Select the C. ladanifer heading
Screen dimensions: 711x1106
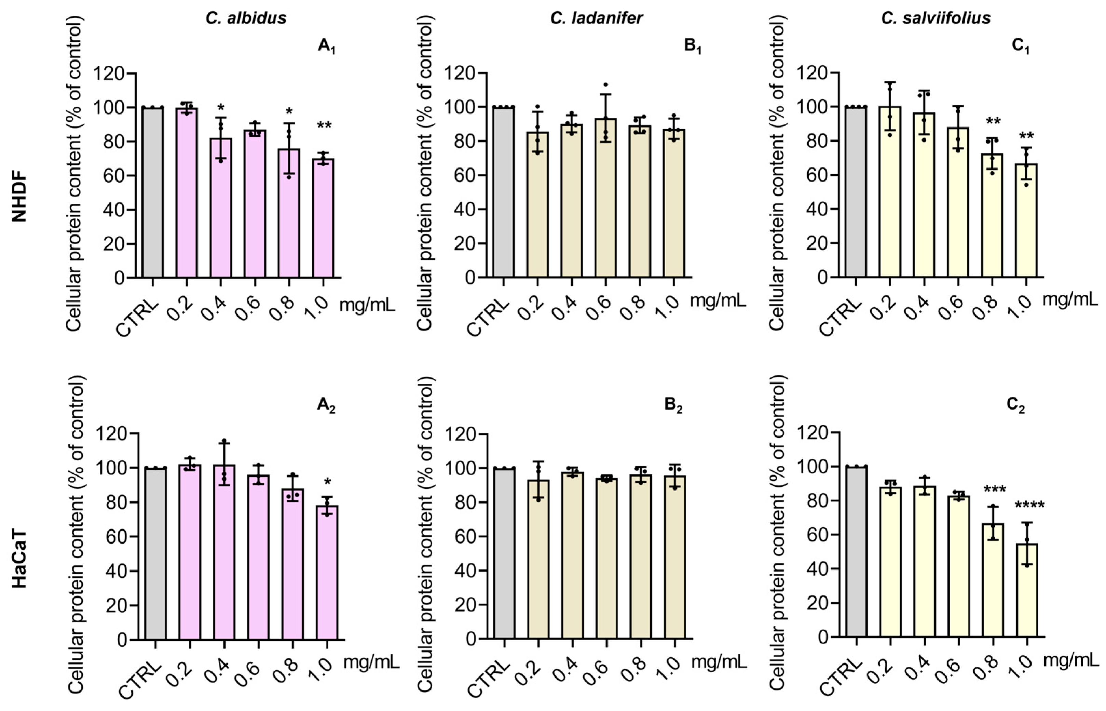tap(596, 18)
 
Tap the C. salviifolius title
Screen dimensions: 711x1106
tap(936, 18)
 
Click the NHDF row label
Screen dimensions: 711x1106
tap(19, 197)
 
